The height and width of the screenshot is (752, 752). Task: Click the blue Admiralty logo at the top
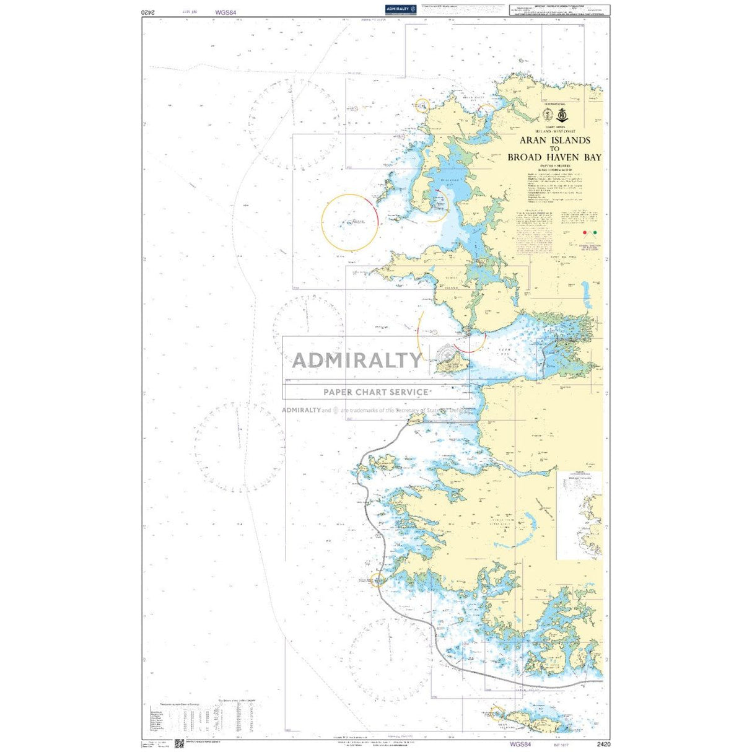tap(400, 9)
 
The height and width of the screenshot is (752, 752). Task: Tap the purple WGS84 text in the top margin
tap(226, 12)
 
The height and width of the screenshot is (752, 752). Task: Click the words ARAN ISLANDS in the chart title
tap(554, 141)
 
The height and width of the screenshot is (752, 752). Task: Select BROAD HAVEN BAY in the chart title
tap(554, 157)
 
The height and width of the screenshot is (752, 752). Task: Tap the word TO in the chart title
tap(554, 149)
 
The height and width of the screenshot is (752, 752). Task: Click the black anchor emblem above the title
tap(562, 115)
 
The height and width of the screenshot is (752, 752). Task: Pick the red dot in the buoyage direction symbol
tap(585, 233)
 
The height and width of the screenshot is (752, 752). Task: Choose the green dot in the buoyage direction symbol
tap(595, 233)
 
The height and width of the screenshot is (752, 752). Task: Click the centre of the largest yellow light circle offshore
tap(350, 222)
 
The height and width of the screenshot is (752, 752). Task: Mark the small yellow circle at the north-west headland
tap(422, 106)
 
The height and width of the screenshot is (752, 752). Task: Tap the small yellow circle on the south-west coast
tap(378, 580)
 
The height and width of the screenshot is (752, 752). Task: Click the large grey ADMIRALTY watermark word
tap(356, 360)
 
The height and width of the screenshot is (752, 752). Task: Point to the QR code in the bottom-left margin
tap(179, 743)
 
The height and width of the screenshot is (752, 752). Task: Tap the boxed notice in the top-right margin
tap(559, 10)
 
